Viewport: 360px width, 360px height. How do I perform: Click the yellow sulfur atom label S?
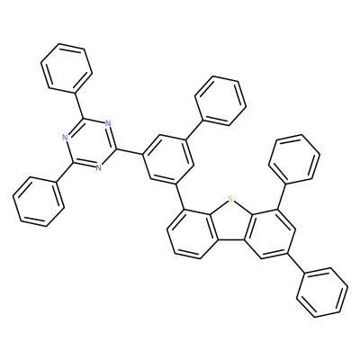[x=230, y=198]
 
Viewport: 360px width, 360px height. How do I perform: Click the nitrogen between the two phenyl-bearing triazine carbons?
[x=64, y=138]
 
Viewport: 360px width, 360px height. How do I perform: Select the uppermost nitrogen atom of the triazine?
[x=108, y=123]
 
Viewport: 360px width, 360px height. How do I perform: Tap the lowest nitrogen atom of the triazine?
[x=98, y=167]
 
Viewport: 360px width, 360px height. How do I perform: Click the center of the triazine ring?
[x=90, y=143]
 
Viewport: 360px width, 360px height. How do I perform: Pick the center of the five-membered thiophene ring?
[x=230, y=222]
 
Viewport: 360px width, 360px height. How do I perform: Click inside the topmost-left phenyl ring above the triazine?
[x=67, y=67]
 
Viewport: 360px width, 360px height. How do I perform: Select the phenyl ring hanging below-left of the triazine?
[x=39, y=202]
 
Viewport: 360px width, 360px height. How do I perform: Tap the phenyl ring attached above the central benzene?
[x=220, y=101]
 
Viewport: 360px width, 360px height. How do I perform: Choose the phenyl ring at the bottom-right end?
[x=322, y=292]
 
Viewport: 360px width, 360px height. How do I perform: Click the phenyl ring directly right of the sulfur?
[x=294, y=159]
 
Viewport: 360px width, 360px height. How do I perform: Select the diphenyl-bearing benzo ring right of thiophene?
[x=269, y=233]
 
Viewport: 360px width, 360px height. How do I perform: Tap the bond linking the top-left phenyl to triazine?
[x=78, y=105]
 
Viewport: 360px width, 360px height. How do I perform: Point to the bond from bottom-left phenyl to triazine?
[x=65, y=173]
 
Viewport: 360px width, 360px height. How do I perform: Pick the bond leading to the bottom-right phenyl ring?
[x=295, y=263]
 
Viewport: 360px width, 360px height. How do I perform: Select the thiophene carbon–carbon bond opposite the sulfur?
[x=232, y=240]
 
